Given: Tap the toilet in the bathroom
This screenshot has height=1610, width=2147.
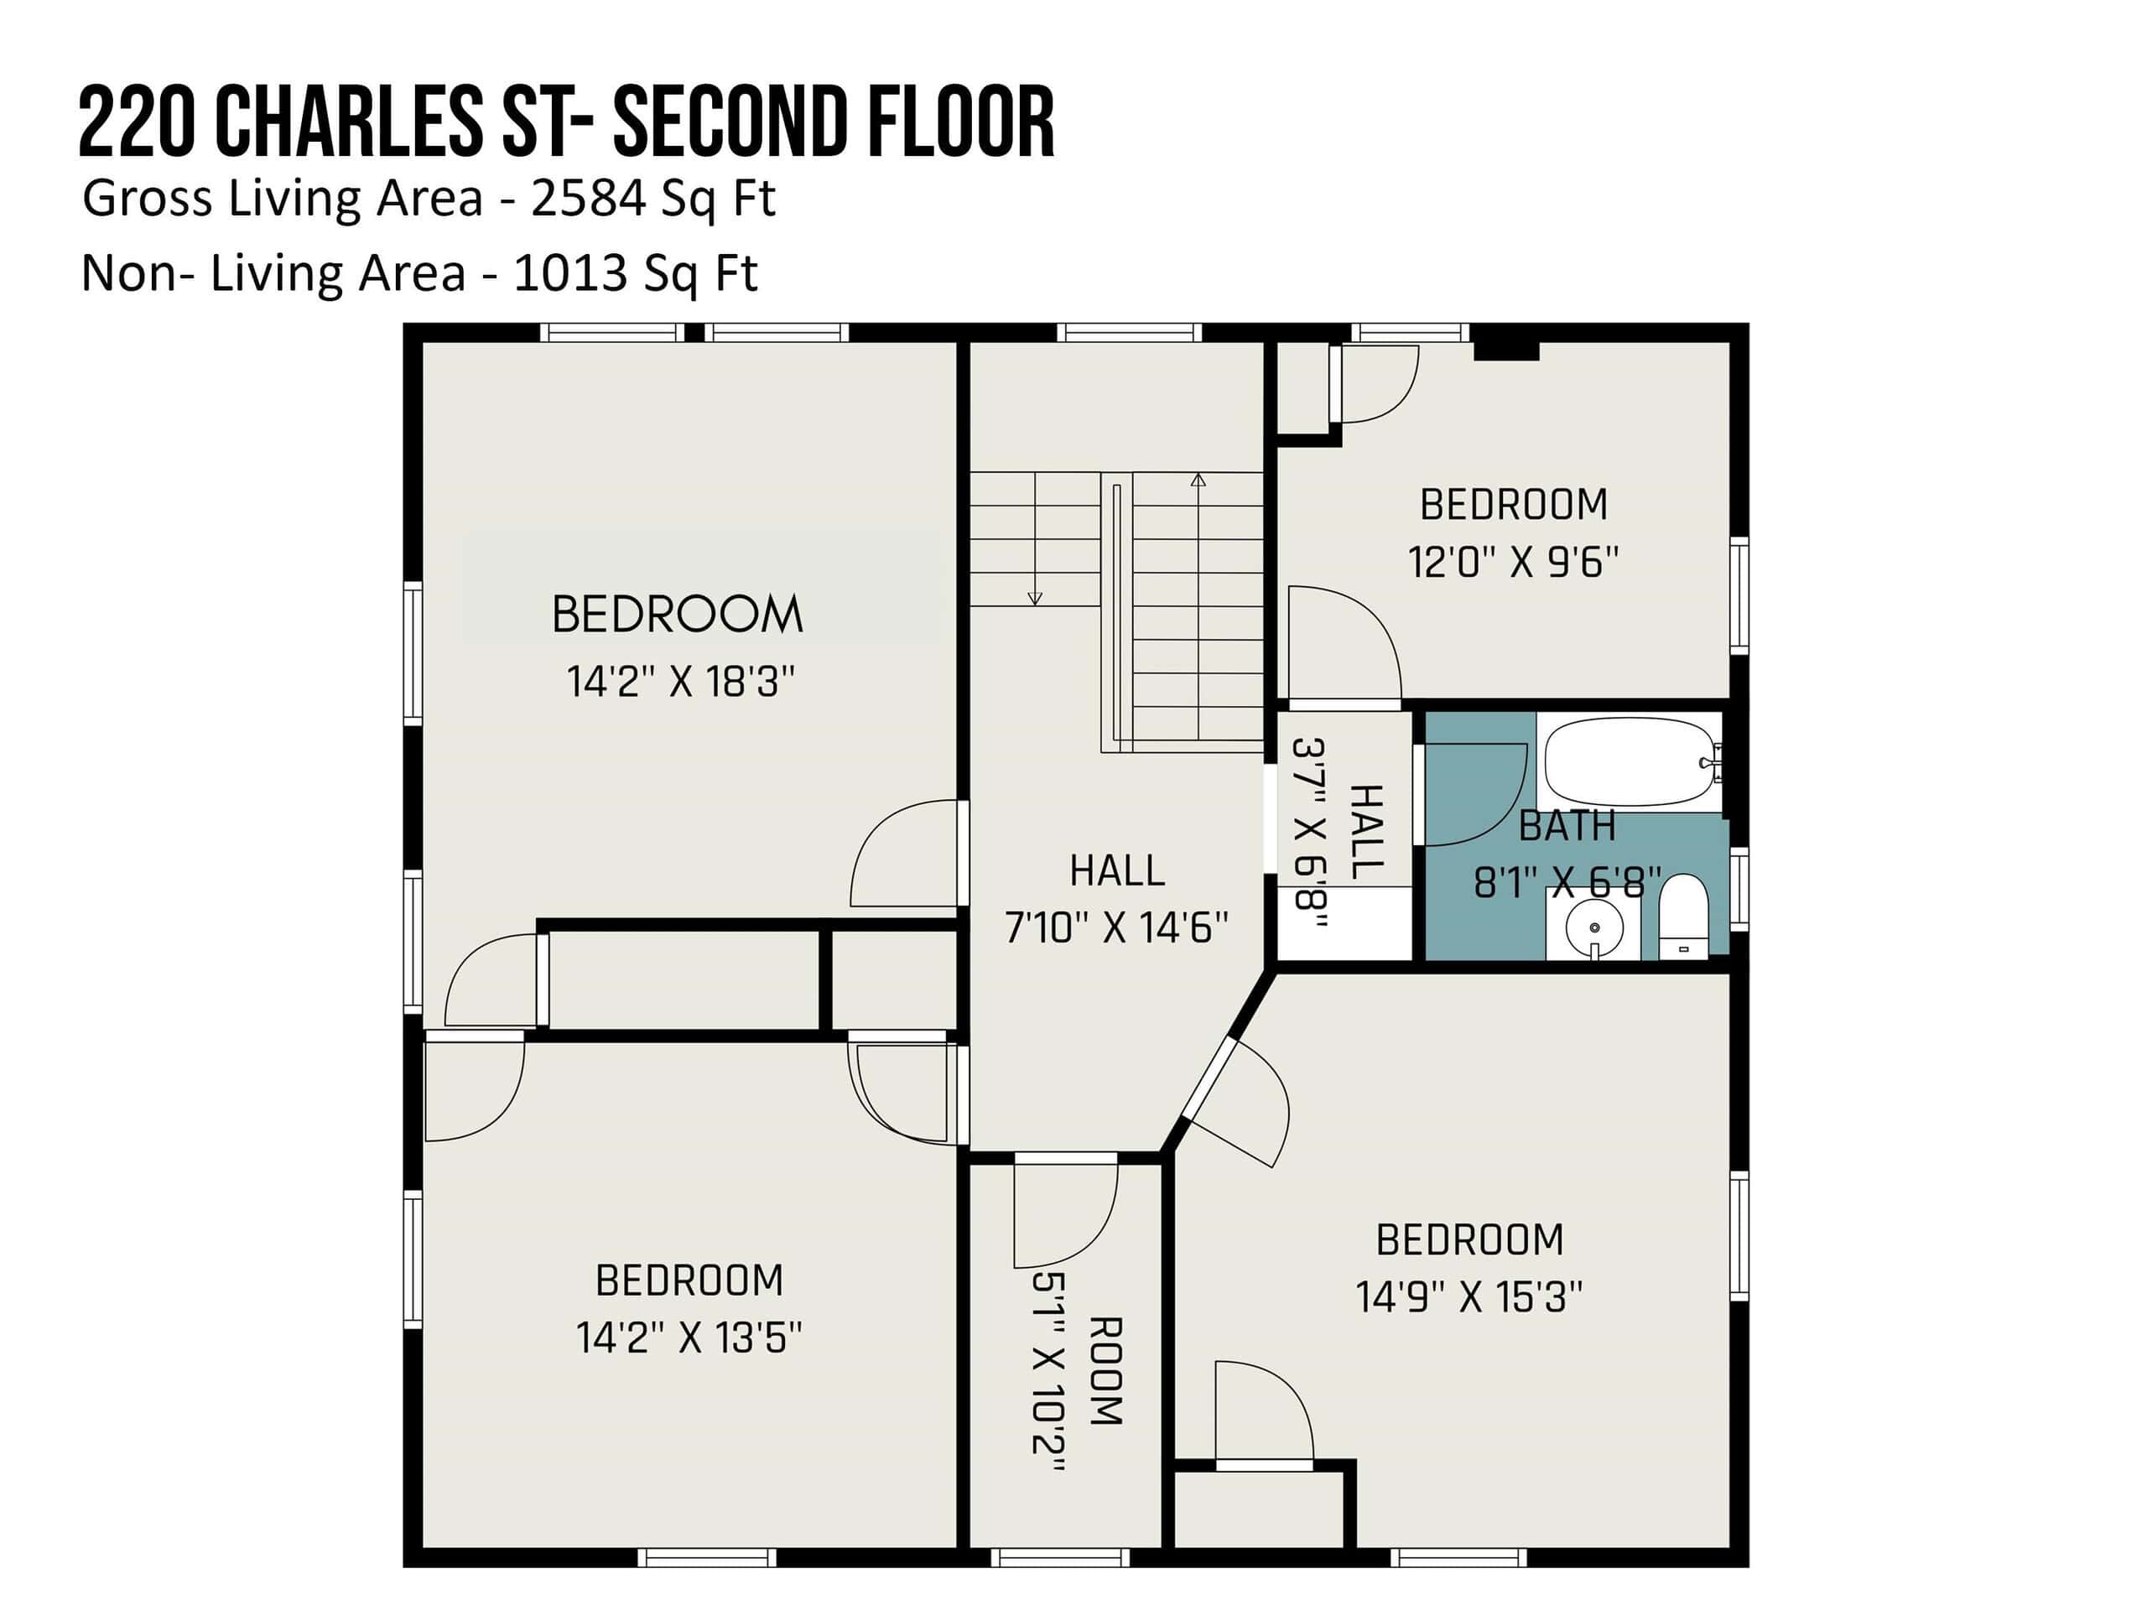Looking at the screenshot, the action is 1683,917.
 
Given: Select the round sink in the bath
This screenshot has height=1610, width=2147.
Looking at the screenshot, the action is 1593,927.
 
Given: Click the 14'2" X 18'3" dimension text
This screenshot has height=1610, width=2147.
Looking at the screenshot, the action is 680,681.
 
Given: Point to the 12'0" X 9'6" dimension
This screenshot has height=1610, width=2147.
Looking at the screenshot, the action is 1513,562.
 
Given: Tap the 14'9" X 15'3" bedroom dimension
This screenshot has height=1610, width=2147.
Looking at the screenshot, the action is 1469,1296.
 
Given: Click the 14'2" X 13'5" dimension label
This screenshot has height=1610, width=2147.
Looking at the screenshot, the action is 689,1337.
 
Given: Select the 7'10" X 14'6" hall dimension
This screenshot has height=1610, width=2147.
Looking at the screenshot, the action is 1116,927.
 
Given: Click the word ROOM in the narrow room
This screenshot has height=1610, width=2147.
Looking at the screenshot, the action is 1105,1370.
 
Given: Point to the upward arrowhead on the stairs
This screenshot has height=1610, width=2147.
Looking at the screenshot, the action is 1198,480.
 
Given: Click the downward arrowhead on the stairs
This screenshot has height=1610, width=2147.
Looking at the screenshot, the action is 1035,599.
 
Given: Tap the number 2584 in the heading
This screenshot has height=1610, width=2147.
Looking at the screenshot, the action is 588,199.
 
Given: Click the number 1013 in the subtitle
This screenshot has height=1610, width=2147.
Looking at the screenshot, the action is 569,273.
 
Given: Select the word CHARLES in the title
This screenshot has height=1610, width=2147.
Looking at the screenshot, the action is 348,122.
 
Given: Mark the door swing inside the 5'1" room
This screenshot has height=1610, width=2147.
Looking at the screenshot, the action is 1066,1213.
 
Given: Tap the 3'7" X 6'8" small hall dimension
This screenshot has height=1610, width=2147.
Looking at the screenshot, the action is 1309,834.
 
